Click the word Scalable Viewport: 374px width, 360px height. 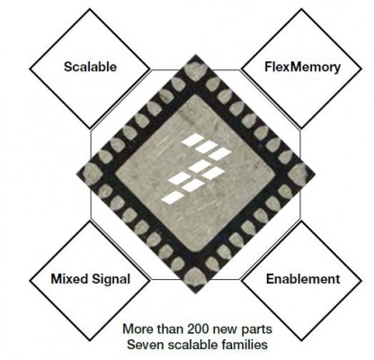[x=90, y=67]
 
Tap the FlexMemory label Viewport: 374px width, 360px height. [x=302, y=67]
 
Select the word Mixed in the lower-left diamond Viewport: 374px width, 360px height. [x=70, y=279]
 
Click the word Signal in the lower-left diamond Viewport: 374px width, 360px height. [x=111, y=280]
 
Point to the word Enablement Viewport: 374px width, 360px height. [x=303, y=279]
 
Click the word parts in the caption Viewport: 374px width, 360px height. [x=256, y=329]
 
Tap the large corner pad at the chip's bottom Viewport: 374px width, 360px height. [x=195, y=276]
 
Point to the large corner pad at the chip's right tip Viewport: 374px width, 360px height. [x=298, y=174]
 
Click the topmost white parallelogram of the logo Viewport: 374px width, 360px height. [x=192, y=140]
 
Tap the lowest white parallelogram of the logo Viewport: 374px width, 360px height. [x=173, y=198]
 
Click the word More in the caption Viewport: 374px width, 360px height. [x=138, y=329]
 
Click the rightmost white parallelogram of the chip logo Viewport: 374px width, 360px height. [x=220, y=154]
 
